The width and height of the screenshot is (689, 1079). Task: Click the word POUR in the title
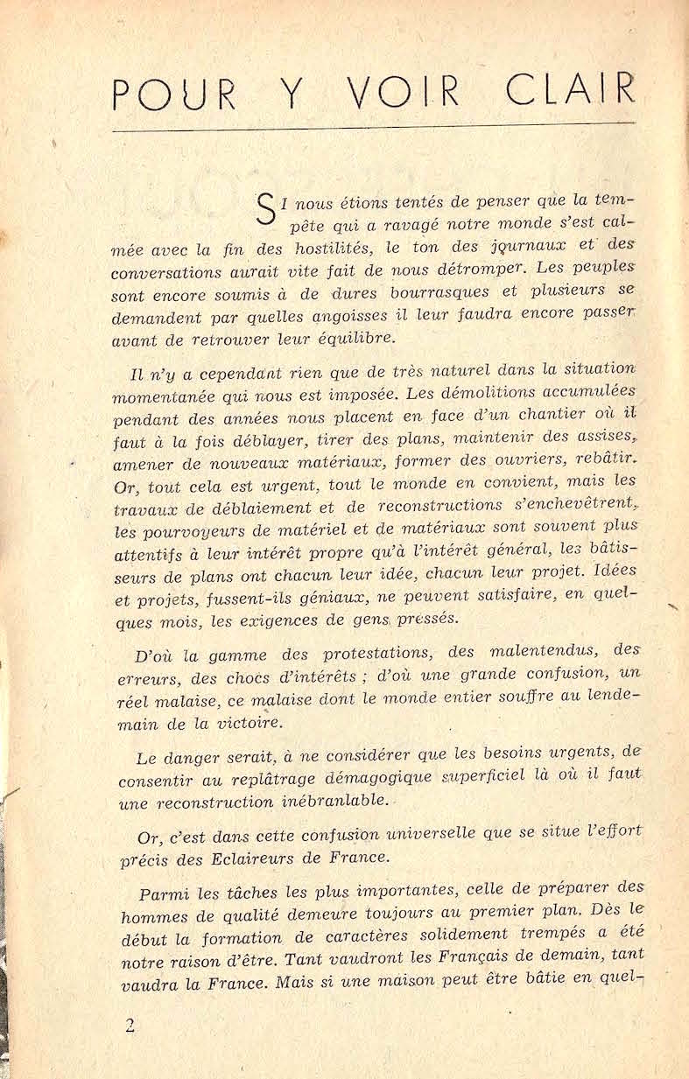point(175,92)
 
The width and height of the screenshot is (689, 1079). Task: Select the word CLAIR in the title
point(570,90)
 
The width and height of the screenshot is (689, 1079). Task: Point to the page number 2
point(130,1026)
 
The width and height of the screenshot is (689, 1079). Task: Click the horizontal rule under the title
point(375,129)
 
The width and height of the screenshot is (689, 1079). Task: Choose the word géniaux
point(341,599)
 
